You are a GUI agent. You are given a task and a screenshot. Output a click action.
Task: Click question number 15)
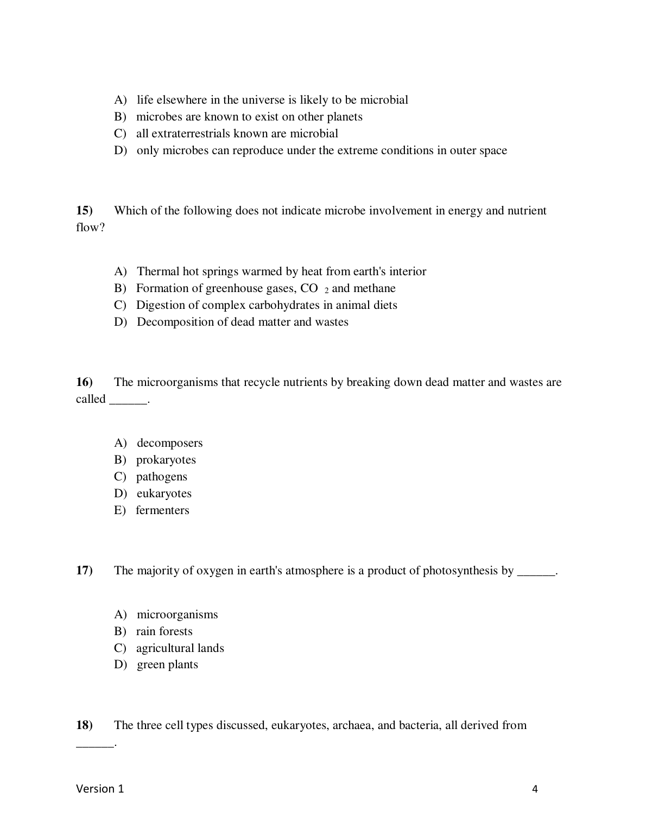(84, 211)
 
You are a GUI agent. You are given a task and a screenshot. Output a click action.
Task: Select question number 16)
(84, 382)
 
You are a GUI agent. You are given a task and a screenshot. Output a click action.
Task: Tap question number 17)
(84, 571)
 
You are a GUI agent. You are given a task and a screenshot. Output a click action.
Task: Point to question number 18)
(84, 725)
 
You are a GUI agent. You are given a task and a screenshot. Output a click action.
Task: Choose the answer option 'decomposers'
(169, 443)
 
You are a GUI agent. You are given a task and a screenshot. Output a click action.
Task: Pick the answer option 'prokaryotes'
(166, 460)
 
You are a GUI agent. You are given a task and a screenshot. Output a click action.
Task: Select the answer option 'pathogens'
(161, 477)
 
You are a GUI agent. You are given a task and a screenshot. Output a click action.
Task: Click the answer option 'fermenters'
(162, 510)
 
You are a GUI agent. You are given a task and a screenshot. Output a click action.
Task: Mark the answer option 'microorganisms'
(177, 615)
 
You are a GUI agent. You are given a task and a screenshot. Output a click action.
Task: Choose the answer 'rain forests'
(164, 631)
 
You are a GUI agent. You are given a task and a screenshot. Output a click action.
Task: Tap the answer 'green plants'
(167, 664)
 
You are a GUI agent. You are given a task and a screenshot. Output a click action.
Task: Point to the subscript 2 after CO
(327, 291)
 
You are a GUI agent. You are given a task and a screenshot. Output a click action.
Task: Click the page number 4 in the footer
(535, 789)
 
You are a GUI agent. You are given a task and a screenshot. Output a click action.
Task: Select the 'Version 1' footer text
(100, 789)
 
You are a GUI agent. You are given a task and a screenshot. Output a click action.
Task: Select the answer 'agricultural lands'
(180, 648)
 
